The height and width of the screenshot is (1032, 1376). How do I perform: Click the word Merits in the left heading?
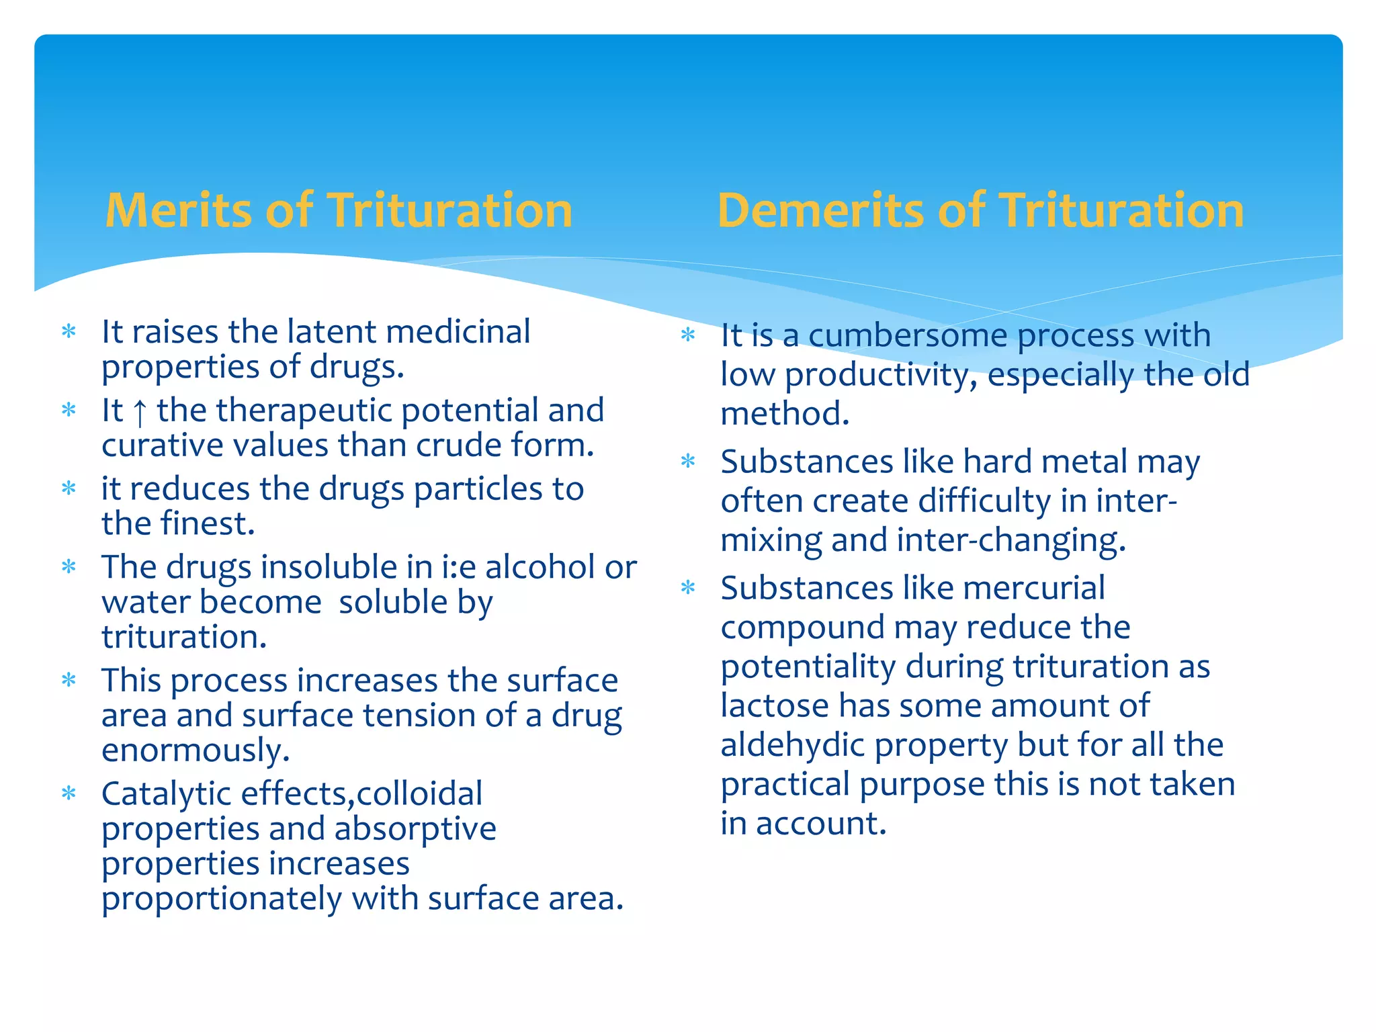pyautogui.click(x=177, y=211)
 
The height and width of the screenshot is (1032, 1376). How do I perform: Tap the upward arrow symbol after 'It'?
pyautogui.click(x=140, y=412)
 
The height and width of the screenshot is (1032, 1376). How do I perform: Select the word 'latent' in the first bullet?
pyautogui.click(x=331, y=331)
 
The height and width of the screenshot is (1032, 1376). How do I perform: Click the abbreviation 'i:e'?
pyautogui.click(x=459, y=567)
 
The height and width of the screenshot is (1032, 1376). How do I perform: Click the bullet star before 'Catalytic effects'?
pyautogui.click(x=69, y=794)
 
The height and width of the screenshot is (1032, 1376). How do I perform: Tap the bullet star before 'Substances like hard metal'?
pyautogui.click(x=688, y=462)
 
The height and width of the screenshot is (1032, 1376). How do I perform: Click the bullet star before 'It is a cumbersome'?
pyautogui.click(x=688, y=335)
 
